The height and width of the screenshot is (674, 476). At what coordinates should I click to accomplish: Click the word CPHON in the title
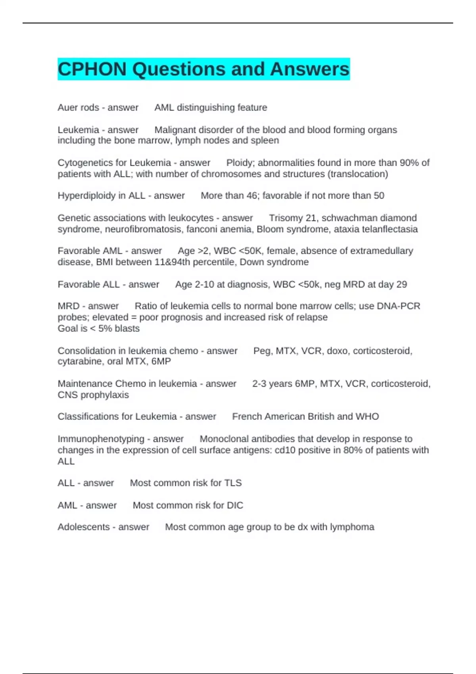click(x=92, y=69)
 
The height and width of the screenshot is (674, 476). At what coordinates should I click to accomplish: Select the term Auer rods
click(x=78, y=107)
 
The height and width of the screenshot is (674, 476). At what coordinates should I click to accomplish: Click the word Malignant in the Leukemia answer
click(x=175, y=130)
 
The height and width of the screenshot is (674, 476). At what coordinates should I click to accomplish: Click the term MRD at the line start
click(x=68, y=306)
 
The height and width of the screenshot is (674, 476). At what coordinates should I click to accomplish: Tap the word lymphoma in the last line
click(x=354, y=527)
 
